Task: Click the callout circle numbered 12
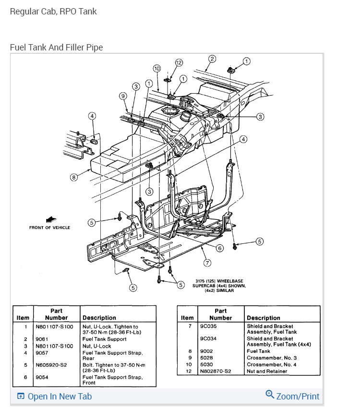click(179, 63)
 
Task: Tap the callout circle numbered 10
click(157, 68)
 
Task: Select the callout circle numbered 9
click(123, 96)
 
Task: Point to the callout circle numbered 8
click(73, 177)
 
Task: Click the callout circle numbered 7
click(207, 263)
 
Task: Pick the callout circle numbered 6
click(219, 248)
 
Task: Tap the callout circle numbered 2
click(212, 60)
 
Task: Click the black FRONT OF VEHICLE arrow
click(49, 219)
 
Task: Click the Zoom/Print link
click(292, 396)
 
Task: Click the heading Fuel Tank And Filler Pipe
click(56, 47)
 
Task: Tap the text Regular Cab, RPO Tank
click(53, 11)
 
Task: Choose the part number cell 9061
click(42, 339)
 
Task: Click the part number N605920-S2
click(52, 365)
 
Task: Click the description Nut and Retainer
click(266, 371)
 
